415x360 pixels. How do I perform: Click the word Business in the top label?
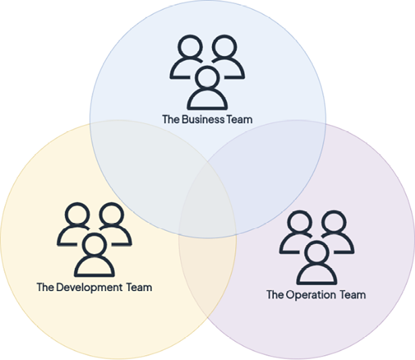204,119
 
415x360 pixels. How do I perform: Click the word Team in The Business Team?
240,119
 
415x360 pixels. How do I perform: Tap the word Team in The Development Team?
139,287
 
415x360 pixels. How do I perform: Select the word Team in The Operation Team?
352,294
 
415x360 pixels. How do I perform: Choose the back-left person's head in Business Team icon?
188,48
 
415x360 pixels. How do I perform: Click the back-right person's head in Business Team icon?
225,48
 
